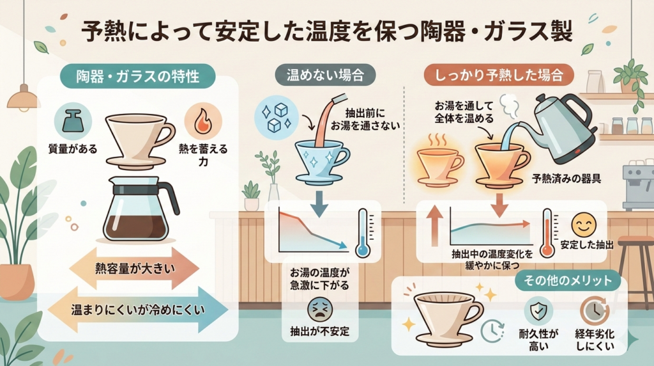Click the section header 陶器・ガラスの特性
coord(137,76)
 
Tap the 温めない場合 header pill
coord(325,76)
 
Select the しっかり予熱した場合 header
coord(499,76)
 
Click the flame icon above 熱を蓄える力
coord(203,121)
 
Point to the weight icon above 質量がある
coord(73,122)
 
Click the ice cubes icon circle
coord(276,116)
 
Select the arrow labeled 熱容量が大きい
coord(134,268)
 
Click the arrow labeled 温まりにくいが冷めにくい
coord(138,310)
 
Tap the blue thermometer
coord(363,233)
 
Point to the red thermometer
coord(547,233)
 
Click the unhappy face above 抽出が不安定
coord(320,309)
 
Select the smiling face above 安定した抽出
coord(584,225)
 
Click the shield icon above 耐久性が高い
coord(538,311)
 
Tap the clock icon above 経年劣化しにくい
coord(595,311)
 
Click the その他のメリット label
coord(567,280)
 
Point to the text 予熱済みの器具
coord(566,179)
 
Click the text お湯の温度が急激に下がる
coord(319,279)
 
